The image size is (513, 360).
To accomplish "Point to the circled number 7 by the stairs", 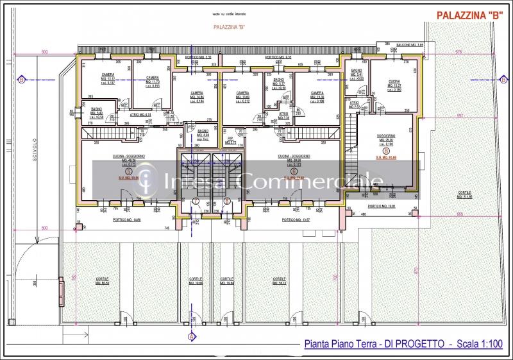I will pyautogui.click(x=196, y=200).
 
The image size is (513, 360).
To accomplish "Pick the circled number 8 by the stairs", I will pyautogui.click(x=228, y=200).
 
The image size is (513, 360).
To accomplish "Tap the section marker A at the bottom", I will pyautogui.click(x=191, y=336).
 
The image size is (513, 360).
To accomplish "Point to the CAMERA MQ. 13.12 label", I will pyautogui.click(x=108, y=78).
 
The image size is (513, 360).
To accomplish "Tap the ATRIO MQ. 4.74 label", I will pyautogui.click(x=140, y=115).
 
